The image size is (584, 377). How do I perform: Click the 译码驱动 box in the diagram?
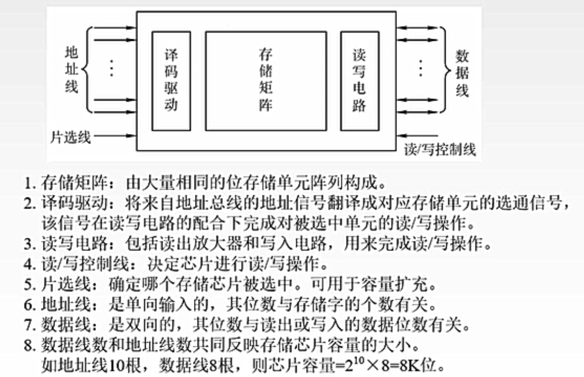(x=171, y=80)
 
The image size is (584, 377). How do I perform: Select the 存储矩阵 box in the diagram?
(x=266, y=80)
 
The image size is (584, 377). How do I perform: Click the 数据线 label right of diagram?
(x=462, y=73)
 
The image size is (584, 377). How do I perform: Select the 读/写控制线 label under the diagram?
(x=439, y=150)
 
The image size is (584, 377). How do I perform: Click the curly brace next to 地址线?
(x=87, y=69)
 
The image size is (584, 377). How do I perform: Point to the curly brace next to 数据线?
(x=446, y=69)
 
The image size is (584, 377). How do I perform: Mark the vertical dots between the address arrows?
(x=111, y=69)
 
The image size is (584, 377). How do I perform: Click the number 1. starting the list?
(x=30, y=183)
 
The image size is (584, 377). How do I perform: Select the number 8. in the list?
(x=30, y=347)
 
